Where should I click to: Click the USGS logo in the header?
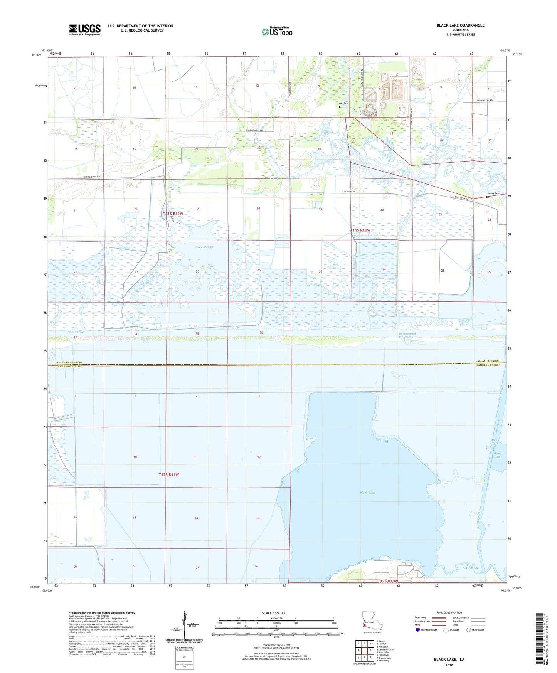[x=85, y=30]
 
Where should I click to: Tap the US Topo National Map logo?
[x=277, y=32]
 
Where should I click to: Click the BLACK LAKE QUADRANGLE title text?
[x=460, y=25]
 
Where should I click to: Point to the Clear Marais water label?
[x=204, y=247]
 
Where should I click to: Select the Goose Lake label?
[x=76, y=332]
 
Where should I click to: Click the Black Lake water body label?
[x=367, y=493]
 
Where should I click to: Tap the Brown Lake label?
[x=498, y=455]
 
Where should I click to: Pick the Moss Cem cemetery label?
[x=343, y=103]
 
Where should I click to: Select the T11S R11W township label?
[x=173, y=214]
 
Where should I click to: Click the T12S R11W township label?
[x=169, y=475]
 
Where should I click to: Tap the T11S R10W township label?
[x=360, y=230]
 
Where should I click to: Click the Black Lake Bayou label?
[x=473, y=566]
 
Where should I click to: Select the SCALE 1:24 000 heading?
[x=274, y=613]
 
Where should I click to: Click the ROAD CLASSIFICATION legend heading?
[x=449, y=612]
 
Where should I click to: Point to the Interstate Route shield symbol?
[x=418, y=630]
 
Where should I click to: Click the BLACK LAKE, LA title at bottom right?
[x=449, y=660]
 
